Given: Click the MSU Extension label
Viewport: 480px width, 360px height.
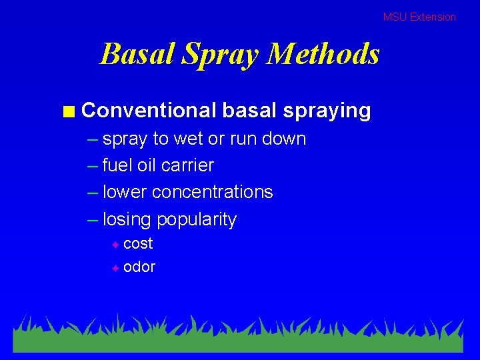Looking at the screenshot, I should (419, 17).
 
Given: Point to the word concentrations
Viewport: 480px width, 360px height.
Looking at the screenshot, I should (213, 192).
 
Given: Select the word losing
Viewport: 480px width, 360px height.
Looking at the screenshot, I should (127, 219).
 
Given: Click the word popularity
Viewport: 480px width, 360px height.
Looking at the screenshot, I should (197, 220).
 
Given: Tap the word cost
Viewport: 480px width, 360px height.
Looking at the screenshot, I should (139, 243).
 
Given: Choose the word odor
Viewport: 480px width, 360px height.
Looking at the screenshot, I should (139, 267).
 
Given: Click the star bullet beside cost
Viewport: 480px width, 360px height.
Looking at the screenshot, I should (115, 245).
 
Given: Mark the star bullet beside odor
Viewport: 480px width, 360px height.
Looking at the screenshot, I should (115, 268).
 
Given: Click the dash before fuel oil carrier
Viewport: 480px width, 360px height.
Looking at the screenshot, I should (92, 166).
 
